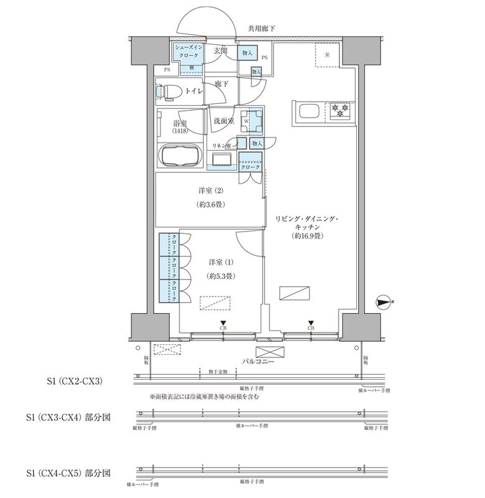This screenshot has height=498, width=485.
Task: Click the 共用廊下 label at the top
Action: [262, 29]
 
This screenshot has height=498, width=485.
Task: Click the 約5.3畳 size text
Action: [220, 275]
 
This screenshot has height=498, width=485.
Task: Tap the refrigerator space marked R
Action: [328, 53]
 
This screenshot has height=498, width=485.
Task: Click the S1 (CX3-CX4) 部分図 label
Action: [68, 417]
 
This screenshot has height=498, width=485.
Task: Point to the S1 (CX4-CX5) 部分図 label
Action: [68, 473]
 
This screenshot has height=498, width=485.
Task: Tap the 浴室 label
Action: [181, 125]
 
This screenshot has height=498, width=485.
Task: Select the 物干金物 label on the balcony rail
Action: [218, 372]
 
